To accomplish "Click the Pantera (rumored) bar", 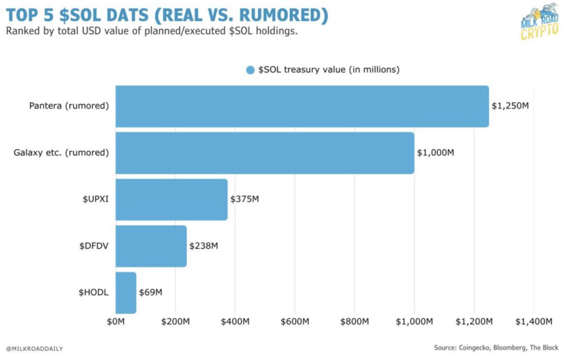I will (302, 106).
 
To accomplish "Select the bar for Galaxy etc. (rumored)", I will (265, 153).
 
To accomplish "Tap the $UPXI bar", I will (171, 199).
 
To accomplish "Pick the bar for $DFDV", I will (151, 246).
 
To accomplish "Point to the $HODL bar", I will (126, 292).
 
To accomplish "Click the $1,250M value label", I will (510, 106).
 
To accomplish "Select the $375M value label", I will (245, 199).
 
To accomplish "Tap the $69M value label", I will (151, 292).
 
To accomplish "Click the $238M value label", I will (204, 246).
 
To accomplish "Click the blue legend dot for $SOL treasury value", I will (251, 70).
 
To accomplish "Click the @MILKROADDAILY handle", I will (35, 348).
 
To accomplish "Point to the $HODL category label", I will (95, 292).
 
